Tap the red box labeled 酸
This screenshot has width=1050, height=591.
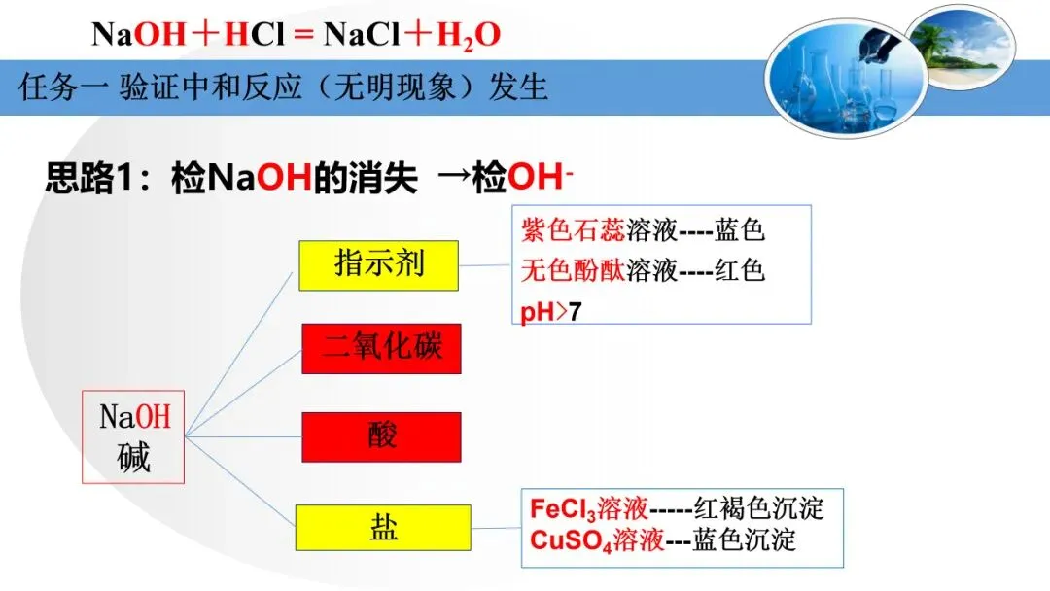click(381, 436)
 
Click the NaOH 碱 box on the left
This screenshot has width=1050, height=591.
click(133, 436)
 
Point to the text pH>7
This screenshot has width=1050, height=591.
click(551, 312)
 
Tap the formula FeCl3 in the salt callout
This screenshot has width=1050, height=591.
click(561, 508)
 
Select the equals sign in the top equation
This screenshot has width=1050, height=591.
click(302, 36)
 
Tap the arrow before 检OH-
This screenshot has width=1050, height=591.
click(454, 179)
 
